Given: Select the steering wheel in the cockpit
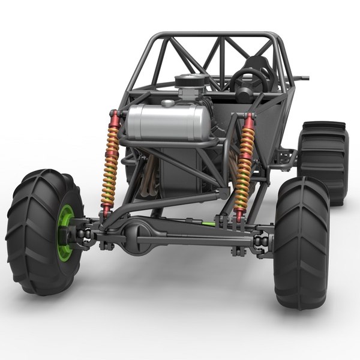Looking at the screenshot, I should click(249, 81).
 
